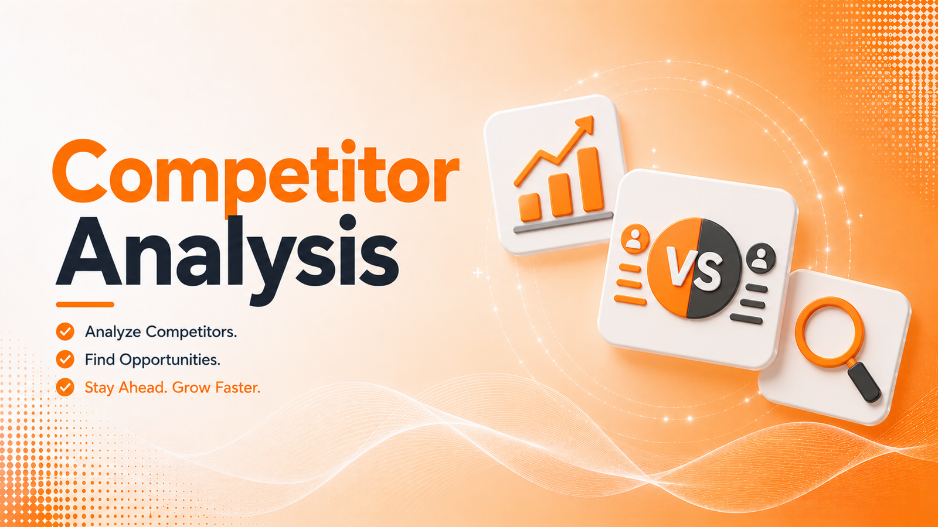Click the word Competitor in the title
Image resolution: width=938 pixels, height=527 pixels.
tap(256, 175)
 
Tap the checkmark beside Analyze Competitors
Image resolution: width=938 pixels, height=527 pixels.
tap(65, 332)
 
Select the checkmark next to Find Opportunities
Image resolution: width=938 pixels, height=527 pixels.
tap(65, 360)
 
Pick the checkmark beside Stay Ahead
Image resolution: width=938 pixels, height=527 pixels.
tap(65, 387)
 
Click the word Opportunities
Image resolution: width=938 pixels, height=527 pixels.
tap(169, 360)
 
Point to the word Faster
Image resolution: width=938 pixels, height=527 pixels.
tap(237, 387)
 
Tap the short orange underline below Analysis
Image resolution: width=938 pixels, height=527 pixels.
tap(85, 304)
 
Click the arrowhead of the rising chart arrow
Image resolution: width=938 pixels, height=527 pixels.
tap(587, 124)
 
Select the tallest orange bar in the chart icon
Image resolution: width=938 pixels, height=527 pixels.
tap(591, 179)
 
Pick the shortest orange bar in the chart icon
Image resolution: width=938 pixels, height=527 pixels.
tap(530, 207)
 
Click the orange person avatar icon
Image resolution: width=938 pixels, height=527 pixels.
tap(635, 239)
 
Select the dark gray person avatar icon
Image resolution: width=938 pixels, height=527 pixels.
tap(760, 258)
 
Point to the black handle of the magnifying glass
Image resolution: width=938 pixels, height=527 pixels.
tap(864, 382)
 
